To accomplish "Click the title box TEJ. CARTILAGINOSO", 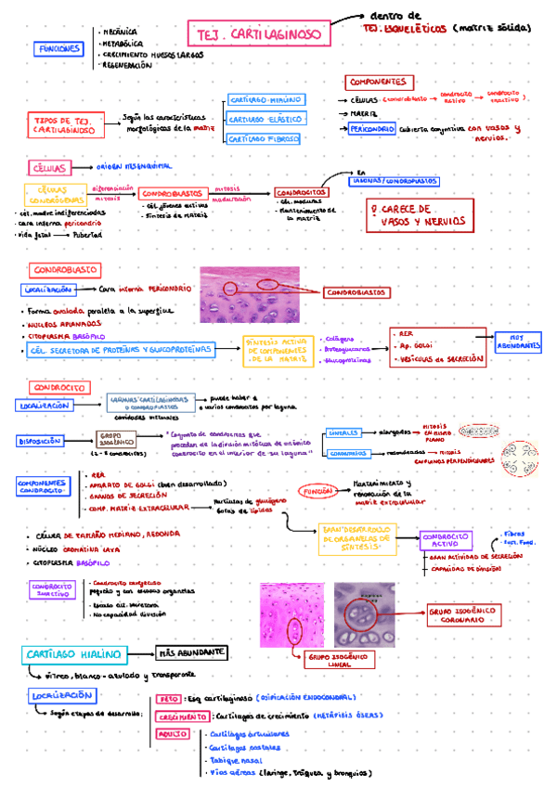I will point(259,35).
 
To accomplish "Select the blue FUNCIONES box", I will point(58,49).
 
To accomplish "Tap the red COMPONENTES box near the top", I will point(381,82).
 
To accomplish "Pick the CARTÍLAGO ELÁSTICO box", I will point(265,119).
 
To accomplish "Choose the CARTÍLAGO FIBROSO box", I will point(265,138).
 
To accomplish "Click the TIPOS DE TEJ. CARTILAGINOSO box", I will point(63,125).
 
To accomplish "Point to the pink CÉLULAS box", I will point(50,168).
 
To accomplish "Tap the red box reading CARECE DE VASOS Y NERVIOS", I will point(414,214).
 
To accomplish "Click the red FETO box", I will point(168,699).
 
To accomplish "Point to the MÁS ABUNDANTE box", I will point(192,653).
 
